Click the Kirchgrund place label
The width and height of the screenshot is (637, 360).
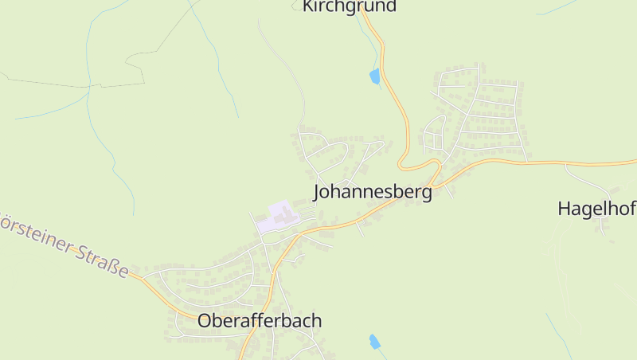[349, 6]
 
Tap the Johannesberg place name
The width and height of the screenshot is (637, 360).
[373, 192]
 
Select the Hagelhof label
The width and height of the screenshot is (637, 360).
[596, 209]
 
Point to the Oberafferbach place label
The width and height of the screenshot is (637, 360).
[260, 321]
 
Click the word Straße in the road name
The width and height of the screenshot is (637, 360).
[103, 262]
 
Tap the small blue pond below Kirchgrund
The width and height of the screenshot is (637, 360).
[374, 76]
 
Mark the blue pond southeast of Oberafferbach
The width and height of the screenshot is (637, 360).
[373, 342]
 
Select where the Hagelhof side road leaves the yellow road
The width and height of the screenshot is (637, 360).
[565, 164]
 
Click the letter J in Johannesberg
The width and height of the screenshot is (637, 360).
[318, 192]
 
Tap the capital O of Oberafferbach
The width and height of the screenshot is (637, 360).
[205, 321]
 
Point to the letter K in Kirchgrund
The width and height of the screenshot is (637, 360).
[307, 6]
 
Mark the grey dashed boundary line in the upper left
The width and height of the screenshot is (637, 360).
[72, 84]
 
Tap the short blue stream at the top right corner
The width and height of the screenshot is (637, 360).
[557, 7]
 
